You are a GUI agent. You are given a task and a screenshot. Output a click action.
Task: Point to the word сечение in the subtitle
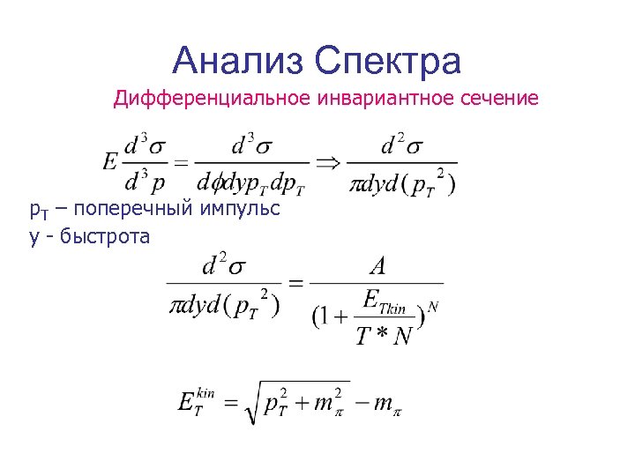pos(499,98)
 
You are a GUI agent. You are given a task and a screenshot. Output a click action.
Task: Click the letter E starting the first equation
pos(110,163)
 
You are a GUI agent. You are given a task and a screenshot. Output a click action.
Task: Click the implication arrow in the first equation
pos(328,162)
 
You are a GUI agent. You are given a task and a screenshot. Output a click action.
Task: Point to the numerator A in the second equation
pos(377,264)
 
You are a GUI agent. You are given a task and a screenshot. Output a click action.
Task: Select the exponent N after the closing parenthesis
pos(432,307)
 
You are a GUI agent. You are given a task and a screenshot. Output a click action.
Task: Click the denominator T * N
pos(384,336)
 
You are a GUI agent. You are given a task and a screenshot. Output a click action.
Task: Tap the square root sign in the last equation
pos(252,403)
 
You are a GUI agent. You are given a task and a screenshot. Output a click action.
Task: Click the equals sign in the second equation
pos(296,284)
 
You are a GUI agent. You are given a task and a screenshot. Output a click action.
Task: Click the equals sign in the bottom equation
pos(228,403)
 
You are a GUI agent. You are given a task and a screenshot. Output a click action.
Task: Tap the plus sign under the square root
pos(300,403)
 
